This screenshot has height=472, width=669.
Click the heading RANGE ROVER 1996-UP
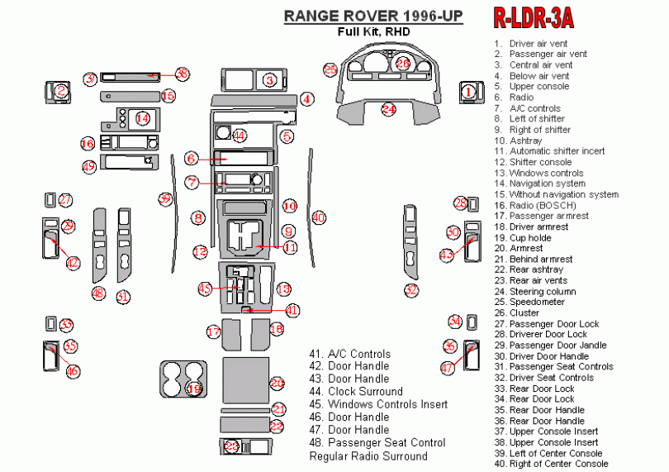click(373, 16)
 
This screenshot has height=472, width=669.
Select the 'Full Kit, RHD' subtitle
click(373, 31)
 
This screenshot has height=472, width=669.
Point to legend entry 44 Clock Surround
click(356, 392)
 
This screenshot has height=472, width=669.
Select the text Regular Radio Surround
click(368, 456)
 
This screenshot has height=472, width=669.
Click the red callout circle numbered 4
click(307, 99)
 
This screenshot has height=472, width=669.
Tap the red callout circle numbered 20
click(277, 383)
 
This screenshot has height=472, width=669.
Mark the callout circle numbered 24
click(389, 108)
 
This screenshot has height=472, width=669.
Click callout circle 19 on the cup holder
click(194, 388)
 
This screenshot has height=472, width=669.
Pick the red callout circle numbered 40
click(319, 217)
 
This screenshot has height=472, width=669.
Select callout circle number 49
click(89, 166)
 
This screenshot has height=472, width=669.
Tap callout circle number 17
click(214, 331)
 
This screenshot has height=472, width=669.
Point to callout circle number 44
click(240, 135)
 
